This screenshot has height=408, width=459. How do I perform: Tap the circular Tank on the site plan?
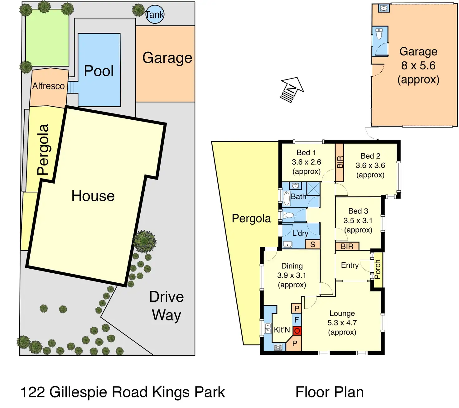[155, 14]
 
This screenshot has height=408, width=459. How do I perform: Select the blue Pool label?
[99, 71]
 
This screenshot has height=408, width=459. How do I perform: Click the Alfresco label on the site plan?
[49, 86]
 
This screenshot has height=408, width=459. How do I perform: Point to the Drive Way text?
[167, 306]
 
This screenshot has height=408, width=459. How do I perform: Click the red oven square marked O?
[297, 331]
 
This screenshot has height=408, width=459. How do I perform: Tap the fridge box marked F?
[297, 320]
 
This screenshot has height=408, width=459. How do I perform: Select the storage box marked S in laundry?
[312, 245]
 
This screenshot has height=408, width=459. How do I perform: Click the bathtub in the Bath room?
[287, 199]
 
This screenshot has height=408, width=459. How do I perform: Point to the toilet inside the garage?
[379, 34]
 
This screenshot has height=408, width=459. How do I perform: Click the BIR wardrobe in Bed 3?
[347, 246]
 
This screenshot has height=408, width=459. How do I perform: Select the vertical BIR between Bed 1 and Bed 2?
[340, 162]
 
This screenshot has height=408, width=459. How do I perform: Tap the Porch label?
[378, 269]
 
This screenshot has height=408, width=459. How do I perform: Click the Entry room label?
[350, 265]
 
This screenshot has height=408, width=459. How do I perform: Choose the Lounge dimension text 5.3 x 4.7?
[342, 323]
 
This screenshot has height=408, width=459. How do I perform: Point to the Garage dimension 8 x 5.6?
[418, 65]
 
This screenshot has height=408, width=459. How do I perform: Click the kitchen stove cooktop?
[278, 347]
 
